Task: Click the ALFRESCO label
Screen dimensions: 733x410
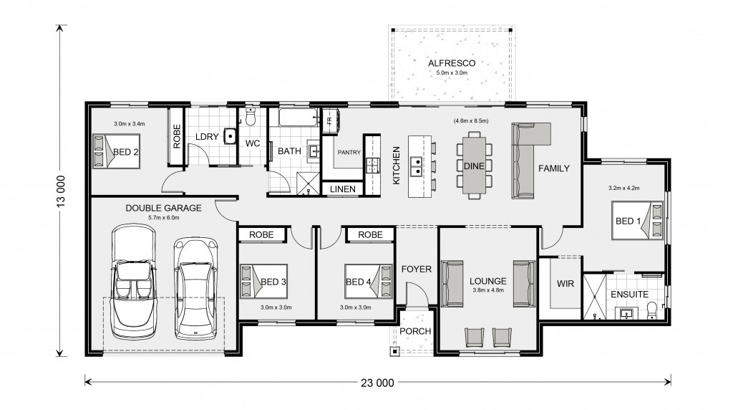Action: [452, 63]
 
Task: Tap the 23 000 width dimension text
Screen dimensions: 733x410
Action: [377, 383]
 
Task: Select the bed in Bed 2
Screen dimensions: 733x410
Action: [116, 151]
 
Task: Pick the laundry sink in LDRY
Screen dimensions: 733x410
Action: [230, 135]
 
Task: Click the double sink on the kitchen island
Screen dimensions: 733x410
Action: [416, 166]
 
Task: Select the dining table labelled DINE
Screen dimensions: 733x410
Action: [474, 166]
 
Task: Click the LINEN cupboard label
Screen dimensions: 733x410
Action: [343, 189]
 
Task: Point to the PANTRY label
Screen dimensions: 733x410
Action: [349, 152]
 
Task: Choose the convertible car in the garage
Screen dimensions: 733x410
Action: [134, 282]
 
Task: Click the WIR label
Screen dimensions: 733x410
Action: [565, 284]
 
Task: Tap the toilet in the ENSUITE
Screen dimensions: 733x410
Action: [652, 310]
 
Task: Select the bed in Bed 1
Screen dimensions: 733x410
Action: [638, 221]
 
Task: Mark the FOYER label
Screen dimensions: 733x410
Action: [416, 269]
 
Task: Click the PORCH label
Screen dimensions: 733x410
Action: [415, 331]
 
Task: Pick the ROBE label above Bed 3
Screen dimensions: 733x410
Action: [261, 234]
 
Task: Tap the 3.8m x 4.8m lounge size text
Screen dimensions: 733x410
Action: [488, 290]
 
